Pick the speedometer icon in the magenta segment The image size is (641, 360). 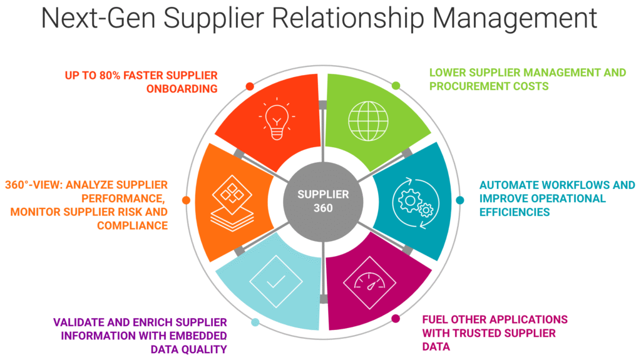coord(370,285)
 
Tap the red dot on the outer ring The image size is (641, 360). coord(249,86)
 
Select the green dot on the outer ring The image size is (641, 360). coord(396,85)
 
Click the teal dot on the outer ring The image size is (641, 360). coord(459,200)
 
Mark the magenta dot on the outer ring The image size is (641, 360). coord(396,319)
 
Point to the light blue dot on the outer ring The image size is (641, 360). coord(255,323)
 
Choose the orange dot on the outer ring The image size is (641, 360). coord(186,200)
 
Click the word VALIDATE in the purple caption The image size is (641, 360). coord(79,322)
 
